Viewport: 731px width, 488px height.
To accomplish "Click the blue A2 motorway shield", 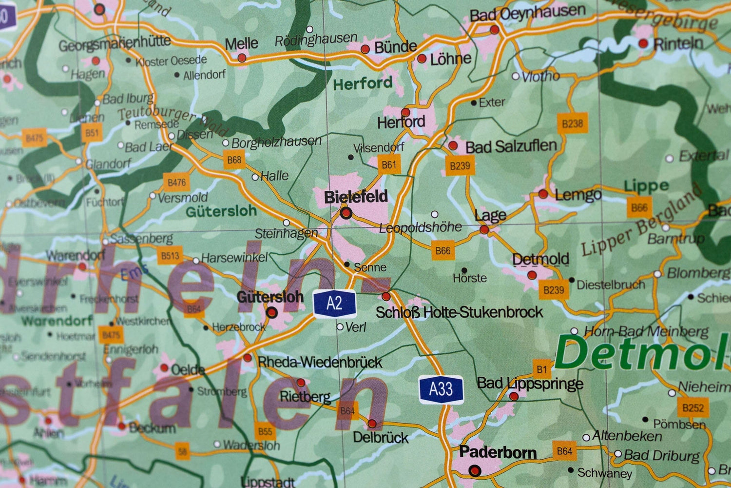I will [x=334, y=304].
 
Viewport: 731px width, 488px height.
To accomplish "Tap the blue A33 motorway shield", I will [x=441, y=389].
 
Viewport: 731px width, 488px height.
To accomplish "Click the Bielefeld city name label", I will [x=356, y=197].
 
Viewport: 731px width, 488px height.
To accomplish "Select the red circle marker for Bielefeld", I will [x=346, y=213].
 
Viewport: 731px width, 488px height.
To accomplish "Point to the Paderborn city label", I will [x=498, y=452].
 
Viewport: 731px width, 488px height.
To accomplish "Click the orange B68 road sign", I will [x=234, y=160].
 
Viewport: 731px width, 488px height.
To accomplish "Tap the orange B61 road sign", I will [x=389, y=165].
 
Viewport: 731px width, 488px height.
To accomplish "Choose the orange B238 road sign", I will [x=572, y=123].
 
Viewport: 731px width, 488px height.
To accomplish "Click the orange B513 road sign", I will [x=170, y=256].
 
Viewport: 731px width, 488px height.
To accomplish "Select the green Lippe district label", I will [x=646, y=186].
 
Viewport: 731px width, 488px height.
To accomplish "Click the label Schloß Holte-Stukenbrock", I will [x=459, y=312].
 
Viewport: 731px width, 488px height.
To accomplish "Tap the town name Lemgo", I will [x=578, y=195].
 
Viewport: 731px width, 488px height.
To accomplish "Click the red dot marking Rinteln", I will [x=643, y=43].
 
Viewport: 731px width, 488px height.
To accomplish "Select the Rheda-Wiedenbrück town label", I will [x=320, y=362].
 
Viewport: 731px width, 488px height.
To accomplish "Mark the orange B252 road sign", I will [x=693, y=407].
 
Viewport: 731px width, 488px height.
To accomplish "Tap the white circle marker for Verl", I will [x=340, y=327].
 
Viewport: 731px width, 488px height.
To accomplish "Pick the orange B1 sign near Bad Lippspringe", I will [x=542, y=369].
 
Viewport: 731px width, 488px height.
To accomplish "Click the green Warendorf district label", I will [x=57, y=321].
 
